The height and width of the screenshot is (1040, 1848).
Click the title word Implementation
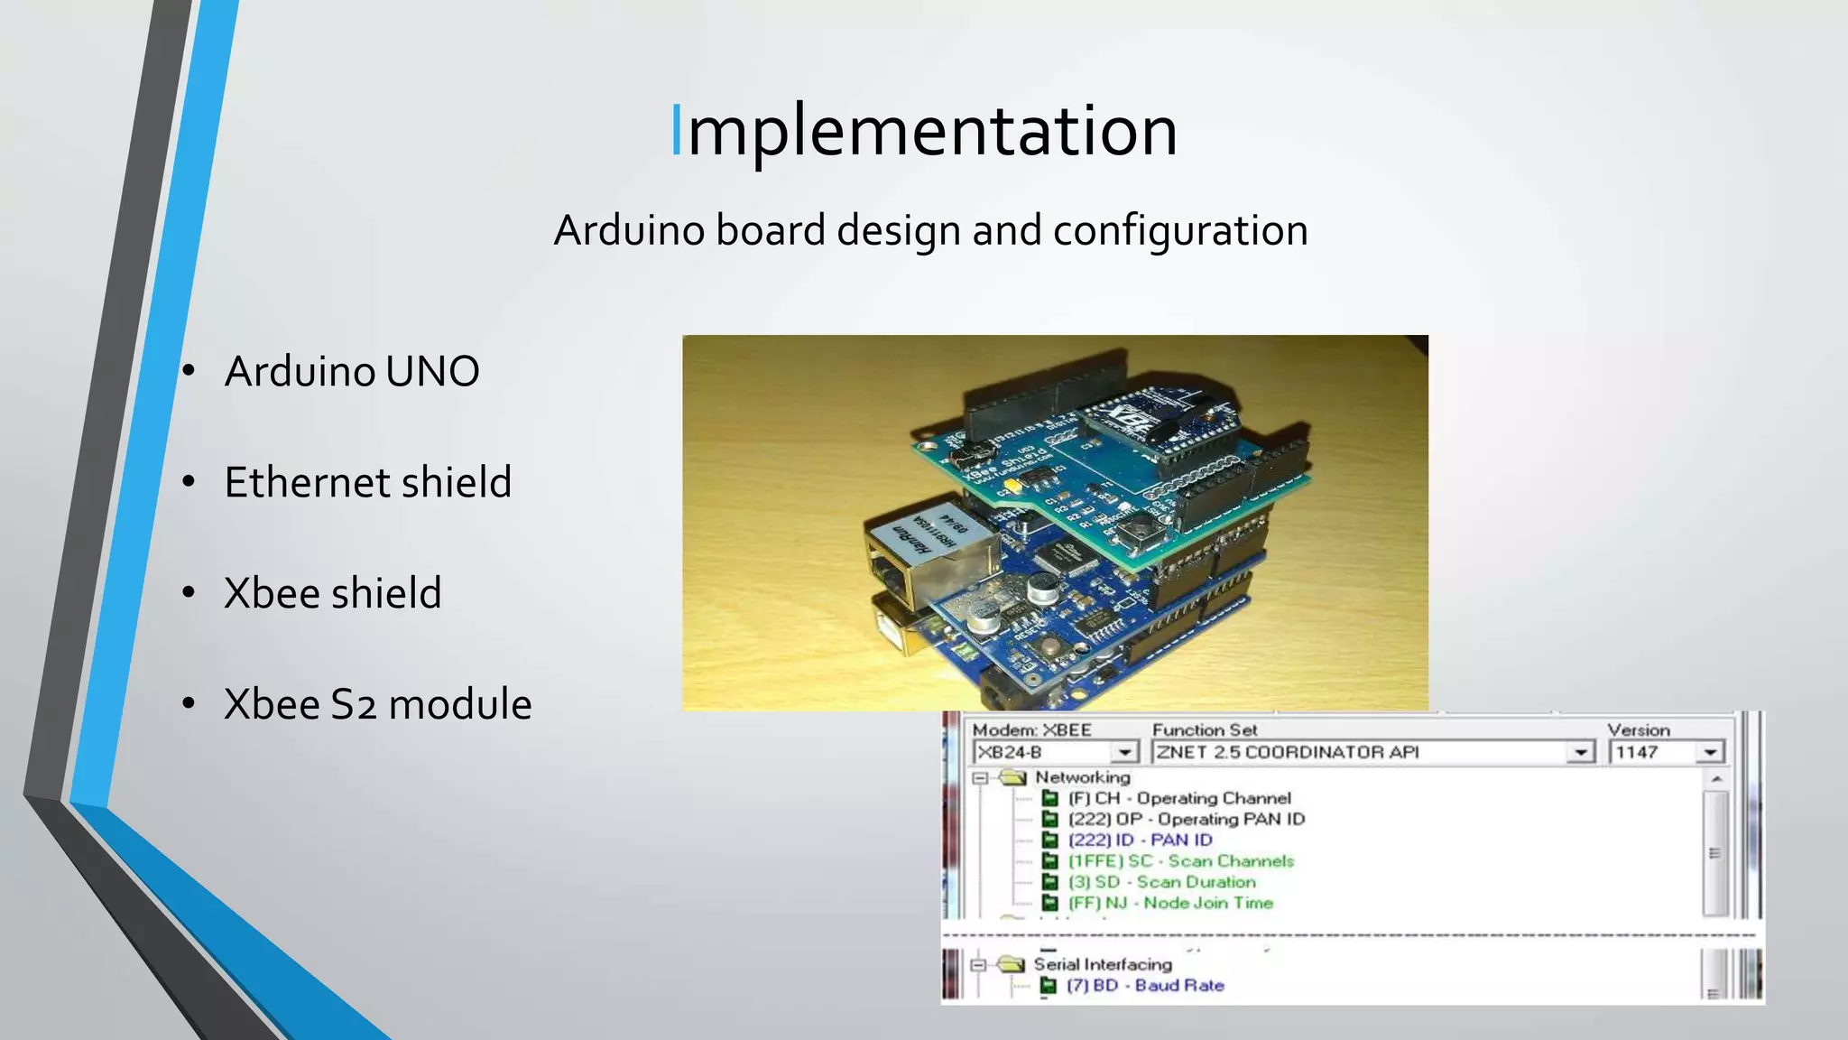click(x=924, y=132)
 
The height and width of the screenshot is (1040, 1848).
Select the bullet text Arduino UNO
click(x=352, y=371)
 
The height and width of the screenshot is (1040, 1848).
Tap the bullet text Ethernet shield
click(x=367, y=482)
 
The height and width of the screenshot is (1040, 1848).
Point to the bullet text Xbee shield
click(x=332, y=593)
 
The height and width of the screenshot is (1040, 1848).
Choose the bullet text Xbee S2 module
click(x=377, y=704)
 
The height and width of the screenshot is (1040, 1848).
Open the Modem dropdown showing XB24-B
click(x=1124, y=752)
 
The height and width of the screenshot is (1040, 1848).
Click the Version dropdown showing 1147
click(x=1709, y=752)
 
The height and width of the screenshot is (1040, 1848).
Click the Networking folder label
click(x=1082, y=777)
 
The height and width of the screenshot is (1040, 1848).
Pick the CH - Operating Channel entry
click(x=1179, y=798)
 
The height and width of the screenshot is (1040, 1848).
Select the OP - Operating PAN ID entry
click(x=1187, y=819)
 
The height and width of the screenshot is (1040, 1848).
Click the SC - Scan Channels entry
click(x=1181, y=861)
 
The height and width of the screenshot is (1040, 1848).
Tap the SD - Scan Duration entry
click(x=1162, y=882)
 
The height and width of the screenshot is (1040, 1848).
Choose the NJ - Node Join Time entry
click(x=1170, y=903)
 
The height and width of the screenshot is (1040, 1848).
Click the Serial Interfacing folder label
click(x=1103, y=964)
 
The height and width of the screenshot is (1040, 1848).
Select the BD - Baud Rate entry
click(x=1146, y=985)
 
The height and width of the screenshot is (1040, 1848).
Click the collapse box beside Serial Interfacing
click(x=978, y=964)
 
